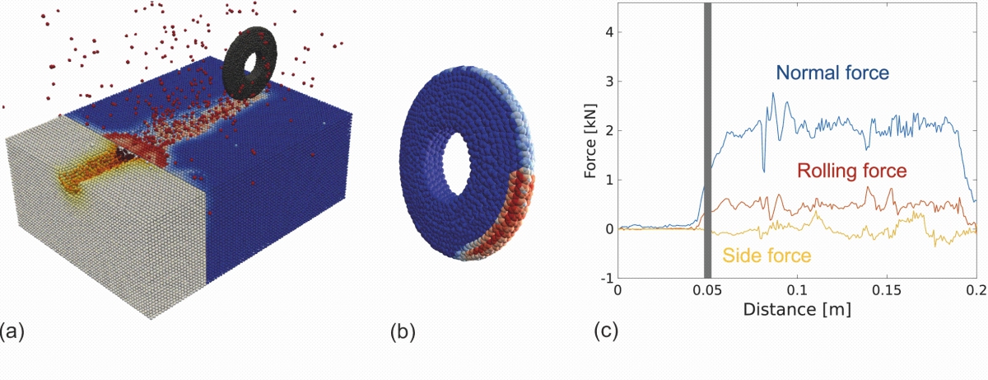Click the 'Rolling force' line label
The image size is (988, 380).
coord(851,171)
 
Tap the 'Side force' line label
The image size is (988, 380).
coord(767,256)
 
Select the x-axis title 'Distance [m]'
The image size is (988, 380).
coord(796,311)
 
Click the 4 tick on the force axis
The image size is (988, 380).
coord(607,32)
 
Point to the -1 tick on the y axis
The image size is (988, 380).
coord(604,278)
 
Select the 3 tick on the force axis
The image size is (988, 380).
coord(607,82)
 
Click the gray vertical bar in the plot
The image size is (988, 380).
coord(707,140)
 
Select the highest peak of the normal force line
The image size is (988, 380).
coord(772,94)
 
